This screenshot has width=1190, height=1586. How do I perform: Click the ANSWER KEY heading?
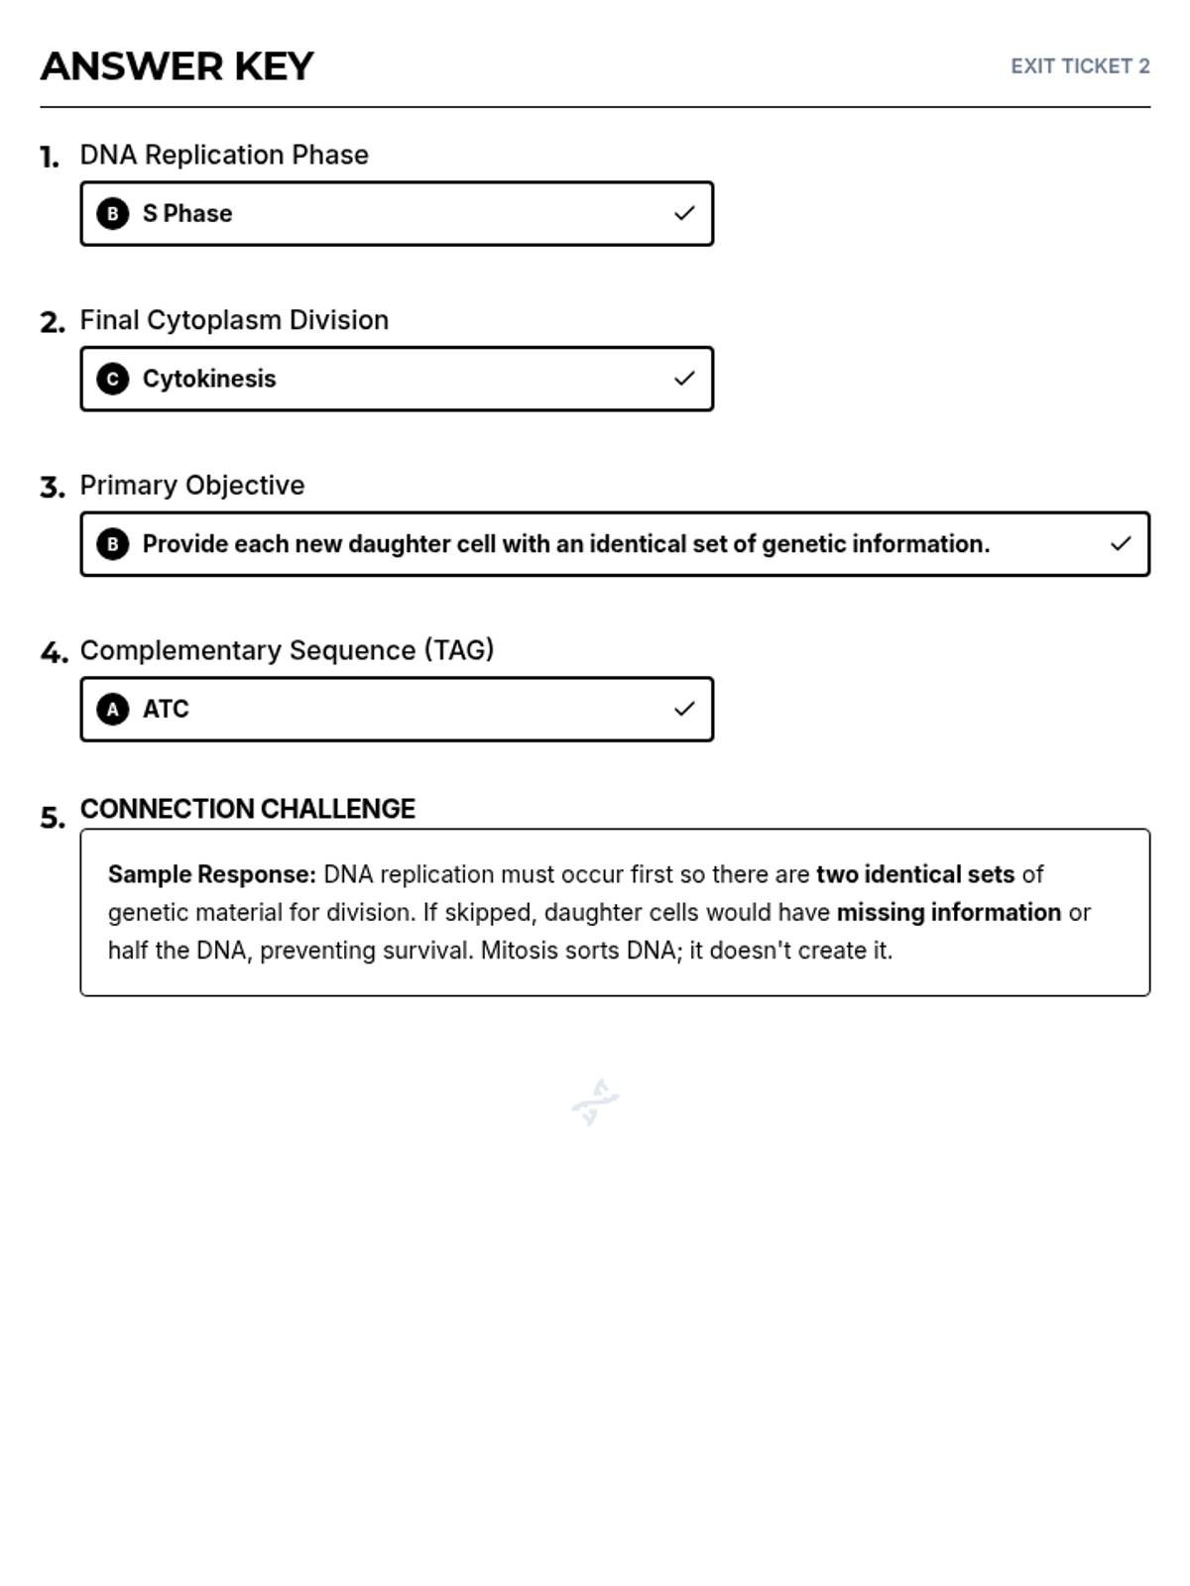pyautogui.click(x=177, y=66)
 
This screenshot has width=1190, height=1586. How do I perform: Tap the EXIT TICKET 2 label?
pyautogui.click(x=1080, y=66)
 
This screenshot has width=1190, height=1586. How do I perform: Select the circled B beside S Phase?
pyautogui.click(x=113, y=213)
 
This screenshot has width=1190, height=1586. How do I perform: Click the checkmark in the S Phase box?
pyautogui.click(x=684, y=213)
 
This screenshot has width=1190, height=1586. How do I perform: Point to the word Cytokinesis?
pyautogui.click(x=209, y=379)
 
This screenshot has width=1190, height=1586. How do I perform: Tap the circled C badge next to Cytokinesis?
pyautogui.click(x=113, y=379)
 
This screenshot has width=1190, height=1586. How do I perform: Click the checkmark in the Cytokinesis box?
pyautogui.click(x=684, y=379)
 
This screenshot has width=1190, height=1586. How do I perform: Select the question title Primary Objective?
pyautogui.click(x=192, y=485)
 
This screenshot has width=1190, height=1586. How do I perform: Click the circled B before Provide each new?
pyautogui.click(x=113, y=544)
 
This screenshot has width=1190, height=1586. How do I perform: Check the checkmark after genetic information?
pyautogui.click(x=1121, y=544)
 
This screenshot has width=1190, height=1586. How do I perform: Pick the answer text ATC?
pyautogui.click(x=166, y=709)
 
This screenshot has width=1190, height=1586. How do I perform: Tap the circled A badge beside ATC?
pyautogui.click(x=113, y=709)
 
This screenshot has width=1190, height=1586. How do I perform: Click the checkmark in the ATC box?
pyautogui.click(x=684, y=709)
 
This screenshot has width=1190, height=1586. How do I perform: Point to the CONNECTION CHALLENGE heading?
pyautogui.click(x=248, y=809)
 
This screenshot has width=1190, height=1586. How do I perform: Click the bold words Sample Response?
pyautogui.click(x=211, y=874)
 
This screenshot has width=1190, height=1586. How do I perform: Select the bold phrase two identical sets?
pyautogui.click(x=914, y=874)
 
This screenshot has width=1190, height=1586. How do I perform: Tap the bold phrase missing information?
pyautogui.click(x=949, y=912)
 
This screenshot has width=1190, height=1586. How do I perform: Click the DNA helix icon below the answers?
pyautogui.click(x=595, y=1101)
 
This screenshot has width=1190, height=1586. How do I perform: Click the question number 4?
pyautogui.click(x=54, y=652)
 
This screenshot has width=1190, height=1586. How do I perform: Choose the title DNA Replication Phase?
pyautogui.click(x=224, y=155)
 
